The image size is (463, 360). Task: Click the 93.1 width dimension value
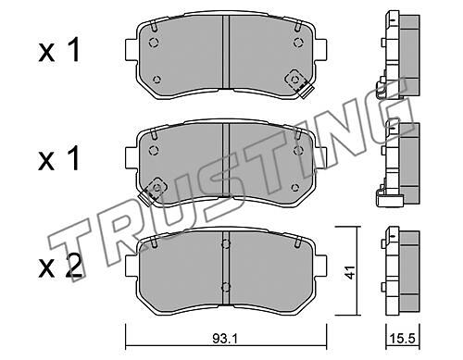(x=225, y=340)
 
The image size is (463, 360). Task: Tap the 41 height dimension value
(x=350, y=272)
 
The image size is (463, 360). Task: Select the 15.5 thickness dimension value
(x=404, y=340)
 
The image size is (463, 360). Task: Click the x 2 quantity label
(x=60, y=267)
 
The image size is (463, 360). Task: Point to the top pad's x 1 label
(x=59, y=50)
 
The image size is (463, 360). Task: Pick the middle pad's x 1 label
(x=59, y=158)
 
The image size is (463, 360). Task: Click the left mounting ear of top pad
(x=131, y=49)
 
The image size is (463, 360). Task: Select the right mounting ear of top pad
(x=321, y=49)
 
